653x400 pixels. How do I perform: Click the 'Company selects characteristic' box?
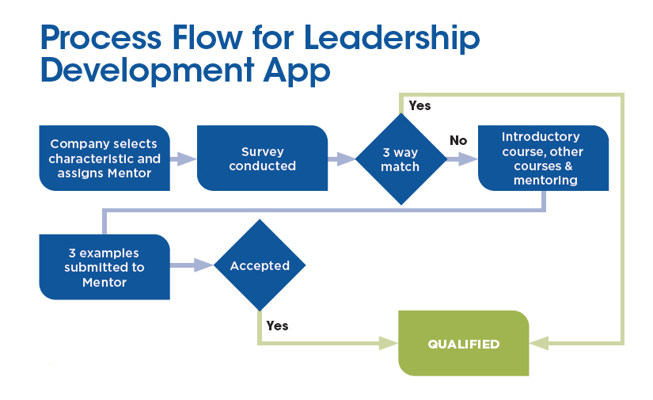pos(104,158)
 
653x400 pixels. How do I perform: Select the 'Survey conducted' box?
pos(262,158)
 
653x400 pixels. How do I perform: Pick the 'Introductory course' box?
pos(543,158)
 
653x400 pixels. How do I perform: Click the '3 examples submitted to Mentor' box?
pos(104,267)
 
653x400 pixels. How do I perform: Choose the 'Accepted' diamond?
pos(260,266)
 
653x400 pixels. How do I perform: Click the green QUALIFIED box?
pos(463,344)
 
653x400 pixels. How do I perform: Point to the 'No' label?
pos(458,140)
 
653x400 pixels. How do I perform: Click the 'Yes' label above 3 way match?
pos(420,105)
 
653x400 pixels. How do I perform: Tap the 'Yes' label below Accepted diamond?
pos(277,326)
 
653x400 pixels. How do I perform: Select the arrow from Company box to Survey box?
pos(183,158)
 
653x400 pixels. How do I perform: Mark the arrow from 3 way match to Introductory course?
pos(462,158)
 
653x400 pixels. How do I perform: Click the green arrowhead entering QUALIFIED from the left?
pos(388,344)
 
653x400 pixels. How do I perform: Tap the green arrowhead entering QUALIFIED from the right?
pos(539,344)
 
